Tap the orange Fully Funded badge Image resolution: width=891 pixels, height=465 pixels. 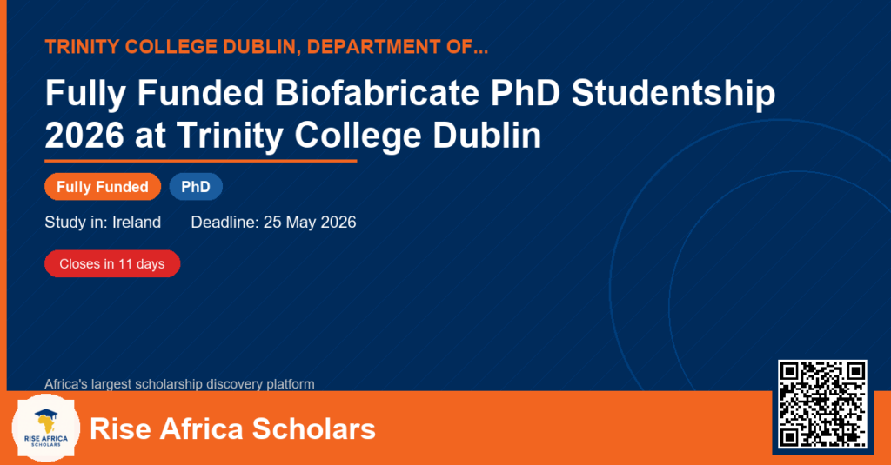(x=103, y=187)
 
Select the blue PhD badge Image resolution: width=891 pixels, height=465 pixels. (x=196, y=187)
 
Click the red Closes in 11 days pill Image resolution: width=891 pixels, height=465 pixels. (x=112, y=264)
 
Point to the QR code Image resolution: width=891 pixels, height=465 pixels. (x=822, y=404)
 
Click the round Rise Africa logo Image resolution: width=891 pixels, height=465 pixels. (x=46, y=428)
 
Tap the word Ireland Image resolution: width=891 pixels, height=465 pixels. (x=137, y=222)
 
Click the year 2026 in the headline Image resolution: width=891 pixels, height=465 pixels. (x=84, y=136)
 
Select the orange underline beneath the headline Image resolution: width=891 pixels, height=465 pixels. (x=201, y=162)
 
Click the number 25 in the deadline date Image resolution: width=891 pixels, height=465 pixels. (x=272, y=222)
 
